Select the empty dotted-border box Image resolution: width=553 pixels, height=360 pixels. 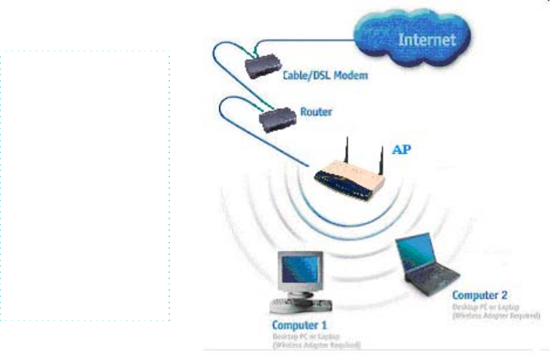(84, 187)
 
